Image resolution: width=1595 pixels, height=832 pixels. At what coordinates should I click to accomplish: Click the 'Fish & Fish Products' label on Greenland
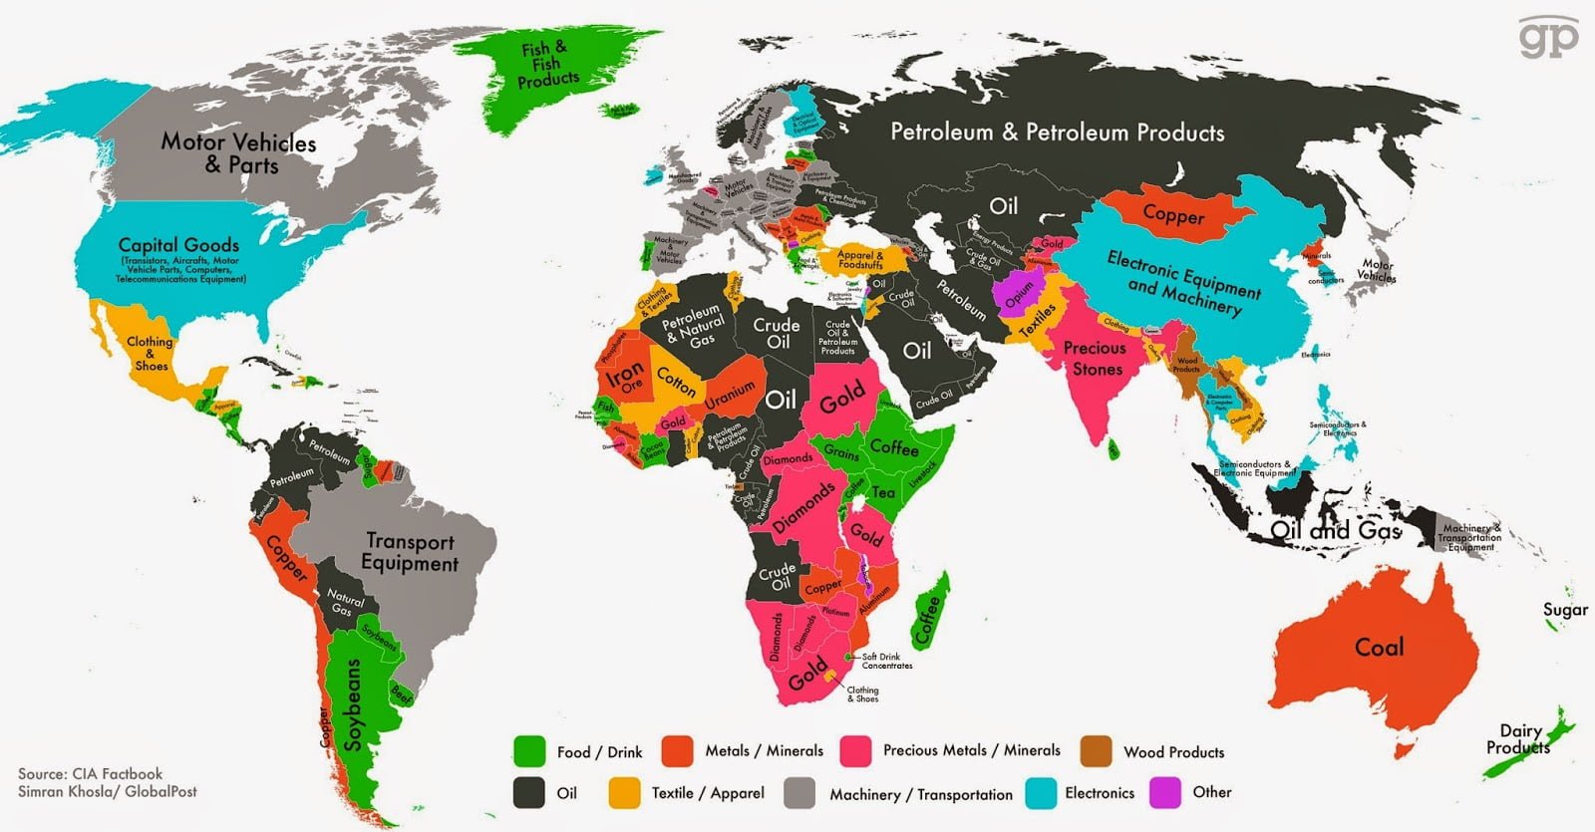(x=547, y=64)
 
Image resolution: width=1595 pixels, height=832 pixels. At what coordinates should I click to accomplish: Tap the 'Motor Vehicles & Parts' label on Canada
(x=239, y=153)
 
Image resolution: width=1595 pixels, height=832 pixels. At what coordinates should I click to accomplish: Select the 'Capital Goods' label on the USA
(x=179, y=245)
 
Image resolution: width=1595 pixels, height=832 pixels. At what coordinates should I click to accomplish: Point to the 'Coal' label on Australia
(x=1379, y=648)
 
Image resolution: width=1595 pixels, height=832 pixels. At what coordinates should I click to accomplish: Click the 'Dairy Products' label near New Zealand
(x=1518, y=739)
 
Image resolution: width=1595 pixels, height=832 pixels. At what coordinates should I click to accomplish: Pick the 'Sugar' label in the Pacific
(x=1565, y=610)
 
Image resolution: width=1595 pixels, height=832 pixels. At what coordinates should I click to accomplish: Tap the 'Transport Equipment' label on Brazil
(x=409, y=552)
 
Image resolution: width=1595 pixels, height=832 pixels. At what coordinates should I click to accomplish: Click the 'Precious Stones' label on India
(x=1095, y=359)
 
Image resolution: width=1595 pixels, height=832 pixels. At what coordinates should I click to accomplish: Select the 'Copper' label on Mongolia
(x=1173, y=214)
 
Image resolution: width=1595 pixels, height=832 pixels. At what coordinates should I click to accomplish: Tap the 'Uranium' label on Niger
(x=730, y=396)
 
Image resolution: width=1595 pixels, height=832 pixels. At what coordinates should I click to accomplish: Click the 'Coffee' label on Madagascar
(x=927, y=618)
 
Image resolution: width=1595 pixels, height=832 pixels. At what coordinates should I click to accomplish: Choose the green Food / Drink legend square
(x=528, y=751)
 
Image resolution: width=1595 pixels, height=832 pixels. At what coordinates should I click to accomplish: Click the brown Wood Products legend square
(x=1096, y=751)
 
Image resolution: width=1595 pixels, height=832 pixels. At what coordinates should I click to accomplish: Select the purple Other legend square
(x=1165, y=792)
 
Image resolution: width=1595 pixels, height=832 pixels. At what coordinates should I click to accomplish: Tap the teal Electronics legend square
(x=1041, y=792)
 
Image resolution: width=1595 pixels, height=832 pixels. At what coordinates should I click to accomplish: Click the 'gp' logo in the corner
(x=1548, y=38)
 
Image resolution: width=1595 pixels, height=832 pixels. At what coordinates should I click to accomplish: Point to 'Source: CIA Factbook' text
(x=90, y=774)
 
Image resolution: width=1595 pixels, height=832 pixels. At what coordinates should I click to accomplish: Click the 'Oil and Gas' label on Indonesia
(x=1336, y=530)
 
